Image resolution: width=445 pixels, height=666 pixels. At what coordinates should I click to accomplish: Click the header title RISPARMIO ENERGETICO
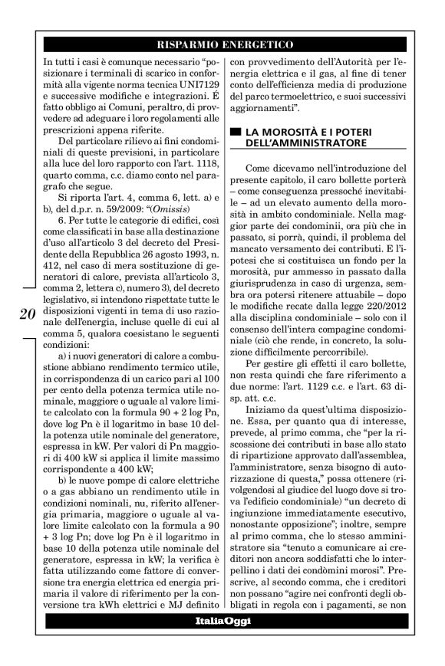(222, 45)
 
